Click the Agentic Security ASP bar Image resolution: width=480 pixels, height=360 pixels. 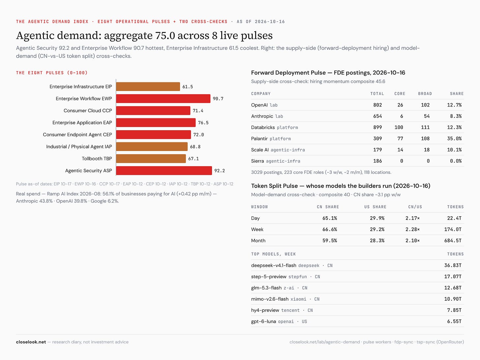[x=164, y=170]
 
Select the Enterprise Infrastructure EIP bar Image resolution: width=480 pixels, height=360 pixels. [x=148, y=87]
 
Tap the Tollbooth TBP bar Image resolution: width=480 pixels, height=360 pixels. [x=151, y=159]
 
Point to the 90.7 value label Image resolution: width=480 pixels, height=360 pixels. [x=218, y=99]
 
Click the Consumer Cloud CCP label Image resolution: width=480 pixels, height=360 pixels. [x=88, y=110]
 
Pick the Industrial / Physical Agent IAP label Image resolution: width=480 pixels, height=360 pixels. [x=79, y=146]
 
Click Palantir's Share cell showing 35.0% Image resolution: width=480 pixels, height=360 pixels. [x=454, y=138]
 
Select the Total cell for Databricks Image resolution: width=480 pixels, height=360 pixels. [x=377, y=128]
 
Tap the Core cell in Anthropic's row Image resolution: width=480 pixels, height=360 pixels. [x=402, y=116]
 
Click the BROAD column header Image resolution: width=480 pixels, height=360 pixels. [x=425, y=94]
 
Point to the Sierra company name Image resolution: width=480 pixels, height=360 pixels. [x=257, y=161]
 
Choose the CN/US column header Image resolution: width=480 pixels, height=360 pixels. [x=415, y=207]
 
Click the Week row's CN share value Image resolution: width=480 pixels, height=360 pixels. [x=330, y=229]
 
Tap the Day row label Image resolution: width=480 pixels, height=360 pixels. [x=255, y=218]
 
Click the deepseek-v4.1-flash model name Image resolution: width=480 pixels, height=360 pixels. [x=274, y=265]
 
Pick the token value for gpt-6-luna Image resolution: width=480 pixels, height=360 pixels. [x=454, y=321]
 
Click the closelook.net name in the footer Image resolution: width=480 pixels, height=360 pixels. [x=31, y=342]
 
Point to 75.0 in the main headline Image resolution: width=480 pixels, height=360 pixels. [x=165, y=35]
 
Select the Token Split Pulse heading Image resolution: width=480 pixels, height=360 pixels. [x=274, y=186]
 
